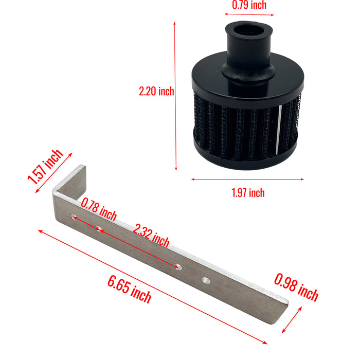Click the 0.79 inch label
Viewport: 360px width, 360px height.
(x=249, y=6)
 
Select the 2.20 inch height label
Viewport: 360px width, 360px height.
(x=156, y=92)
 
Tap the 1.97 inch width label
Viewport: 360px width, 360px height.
(x=247, y=193)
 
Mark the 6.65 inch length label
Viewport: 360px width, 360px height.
(x=129, y=289)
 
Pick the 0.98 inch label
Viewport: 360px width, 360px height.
(x=296, y=287)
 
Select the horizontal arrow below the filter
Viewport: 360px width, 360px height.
(x=247, y=179)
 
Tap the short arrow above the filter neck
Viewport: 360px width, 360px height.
(x=249, y=15)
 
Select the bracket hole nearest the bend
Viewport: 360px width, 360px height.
(x=74, y=217)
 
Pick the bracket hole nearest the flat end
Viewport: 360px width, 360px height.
(x=206, y=280)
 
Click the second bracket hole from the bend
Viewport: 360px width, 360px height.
(x=98, y=229)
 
